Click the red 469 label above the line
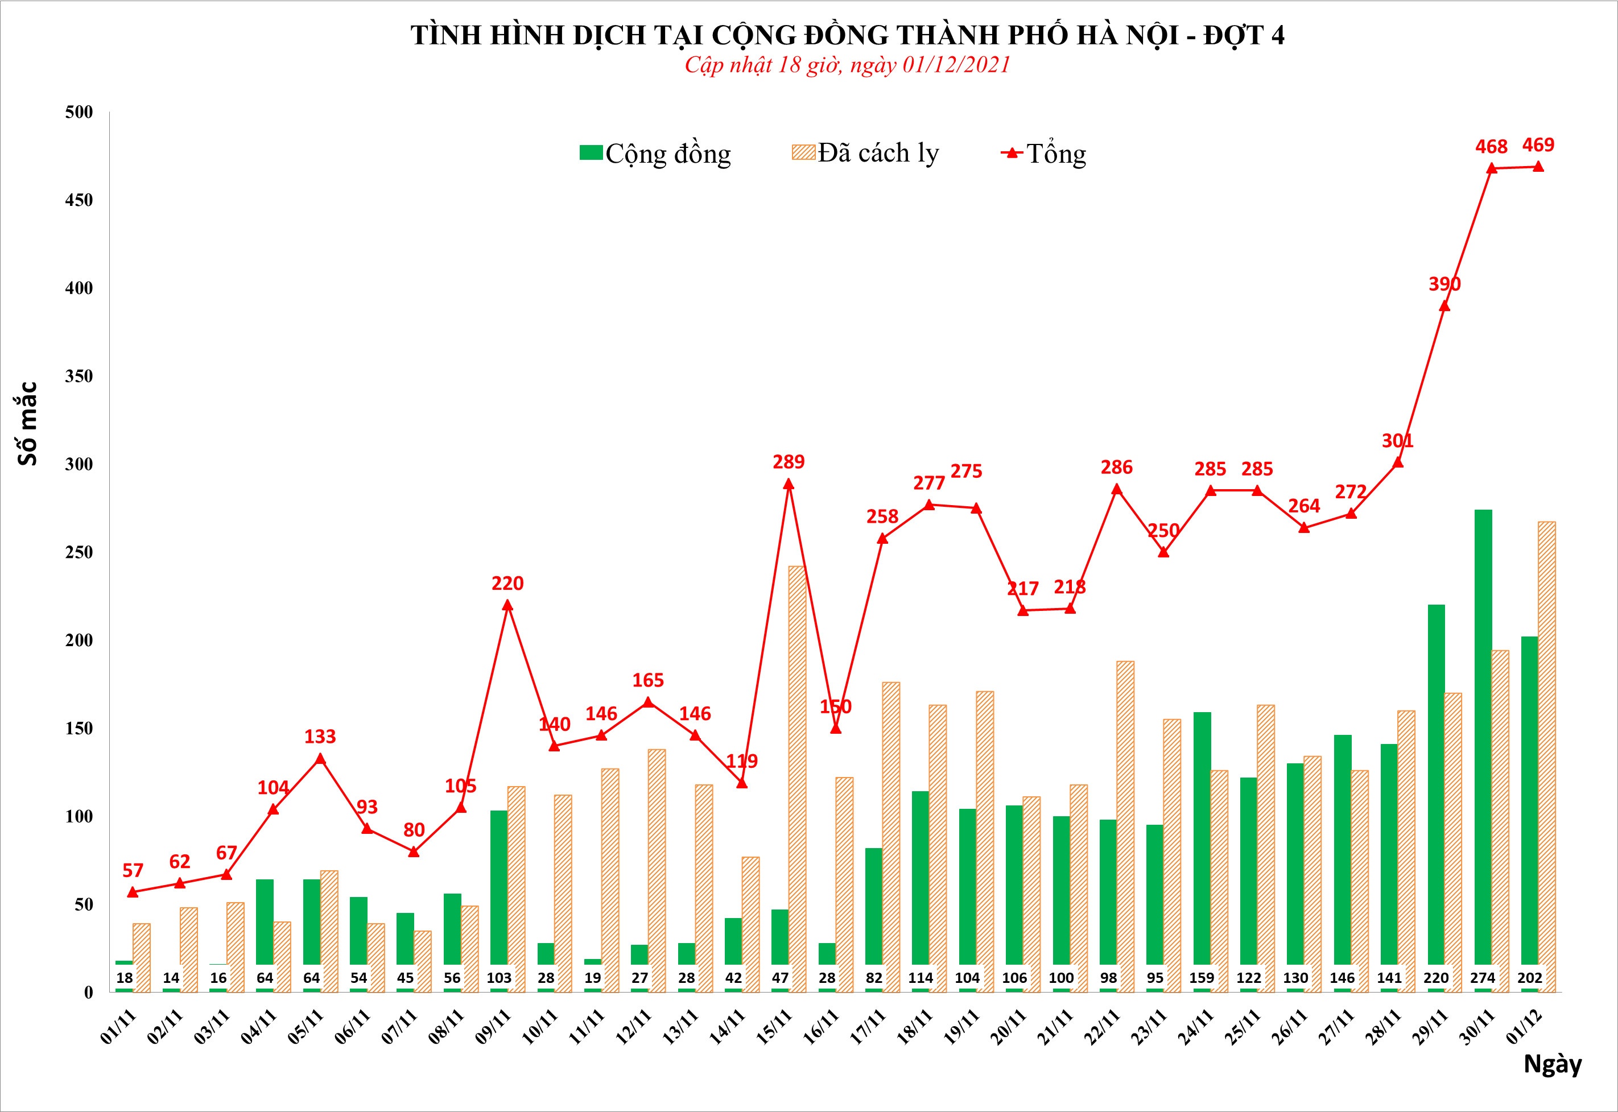click(1538, 145)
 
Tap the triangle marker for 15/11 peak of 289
click(788, 483)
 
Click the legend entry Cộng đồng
click(655, 153)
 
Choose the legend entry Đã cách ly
click(865, 153)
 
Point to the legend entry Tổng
click(1043, 153)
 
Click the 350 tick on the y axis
click(79, 376)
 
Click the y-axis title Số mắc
click(28, 424)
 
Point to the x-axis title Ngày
click(1552, 1064)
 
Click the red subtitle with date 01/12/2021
click(847, 65)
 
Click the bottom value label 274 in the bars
click(1482, 978)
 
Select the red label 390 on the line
click(1444, 284)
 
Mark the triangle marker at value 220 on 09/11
click(507, 605)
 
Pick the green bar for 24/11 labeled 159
click(1202, 836)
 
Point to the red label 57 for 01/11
click(133, 870)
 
